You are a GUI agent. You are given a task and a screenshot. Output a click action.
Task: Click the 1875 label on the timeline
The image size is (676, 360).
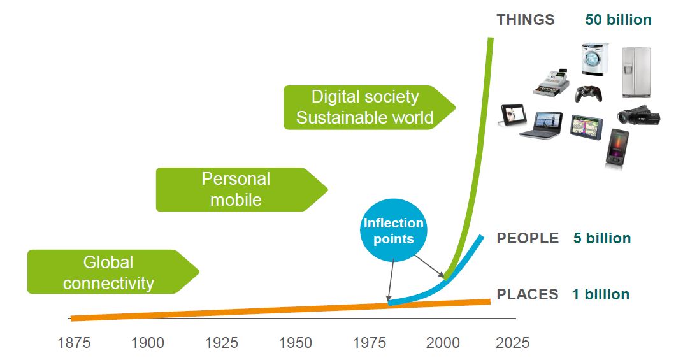tap(74, 343)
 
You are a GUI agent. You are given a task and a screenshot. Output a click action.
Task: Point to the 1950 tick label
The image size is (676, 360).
tap(296, 343)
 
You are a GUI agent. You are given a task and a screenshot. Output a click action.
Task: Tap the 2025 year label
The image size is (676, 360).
tap(513, 343)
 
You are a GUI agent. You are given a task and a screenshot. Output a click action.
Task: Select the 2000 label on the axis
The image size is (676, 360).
tap(443, 343)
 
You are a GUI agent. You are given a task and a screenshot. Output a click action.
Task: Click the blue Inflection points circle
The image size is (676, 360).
tap(393, 230)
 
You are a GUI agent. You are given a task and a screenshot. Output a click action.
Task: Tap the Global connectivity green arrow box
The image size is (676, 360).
tap(113, 272)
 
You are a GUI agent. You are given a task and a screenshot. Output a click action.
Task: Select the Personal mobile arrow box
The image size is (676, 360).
tap(241, 190)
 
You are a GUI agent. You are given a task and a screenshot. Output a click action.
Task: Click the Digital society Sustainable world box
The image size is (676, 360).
tap(369, 107)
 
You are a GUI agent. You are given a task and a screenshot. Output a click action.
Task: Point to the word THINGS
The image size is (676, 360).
tap(526, 20)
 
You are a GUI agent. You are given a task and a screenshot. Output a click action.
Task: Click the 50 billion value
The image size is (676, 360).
tap(618, 20)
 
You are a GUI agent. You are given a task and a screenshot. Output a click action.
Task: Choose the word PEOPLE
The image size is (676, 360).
tap(528, 238)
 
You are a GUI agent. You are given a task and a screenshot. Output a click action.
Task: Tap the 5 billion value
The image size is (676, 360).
tap(602, 238)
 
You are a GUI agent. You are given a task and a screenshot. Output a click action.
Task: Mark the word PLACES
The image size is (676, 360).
tap(528, 294)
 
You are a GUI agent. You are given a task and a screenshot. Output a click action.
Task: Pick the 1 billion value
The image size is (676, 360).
tap(601, 294)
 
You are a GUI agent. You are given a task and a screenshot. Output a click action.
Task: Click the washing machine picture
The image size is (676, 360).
tap(595, 59)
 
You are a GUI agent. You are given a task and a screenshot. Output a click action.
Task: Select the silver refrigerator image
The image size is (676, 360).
tap(636, 73)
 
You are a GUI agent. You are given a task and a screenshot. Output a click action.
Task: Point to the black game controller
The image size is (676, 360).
tap(589, 94)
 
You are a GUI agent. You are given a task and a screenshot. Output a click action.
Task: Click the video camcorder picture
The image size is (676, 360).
tap(638, 115)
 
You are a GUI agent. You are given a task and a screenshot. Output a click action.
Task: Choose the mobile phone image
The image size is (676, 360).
tap(617, 147)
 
